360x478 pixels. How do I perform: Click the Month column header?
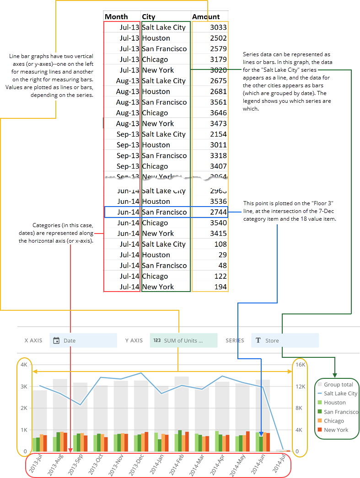point(116,17)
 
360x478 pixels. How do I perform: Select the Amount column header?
point(206,17)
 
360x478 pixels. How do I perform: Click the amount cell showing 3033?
point(218,27)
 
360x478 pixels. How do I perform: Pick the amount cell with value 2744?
point(218,212)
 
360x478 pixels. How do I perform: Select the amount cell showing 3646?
point(218,113)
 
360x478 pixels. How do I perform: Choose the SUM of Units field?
point(183,340)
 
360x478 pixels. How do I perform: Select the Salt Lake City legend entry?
point(340,393)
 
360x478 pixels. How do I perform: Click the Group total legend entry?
point(338,385)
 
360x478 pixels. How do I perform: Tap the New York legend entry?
point(336,430)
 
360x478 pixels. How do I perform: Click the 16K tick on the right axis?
point(300,365)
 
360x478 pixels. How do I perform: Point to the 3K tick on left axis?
point(24,387)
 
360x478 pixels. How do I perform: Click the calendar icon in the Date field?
point(57,340)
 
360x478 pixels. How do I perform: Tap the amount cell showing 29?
point(222,255)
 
